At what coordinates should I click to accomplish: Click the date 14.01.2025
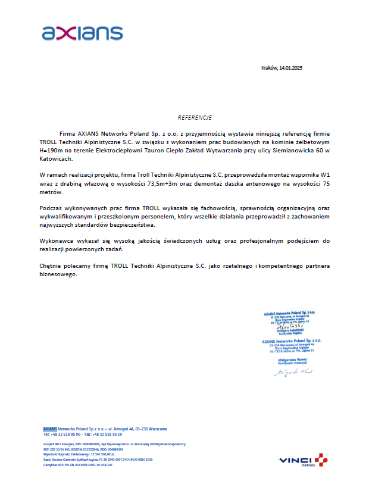291,68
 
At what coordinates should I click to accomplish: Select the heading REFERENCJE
194,118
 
